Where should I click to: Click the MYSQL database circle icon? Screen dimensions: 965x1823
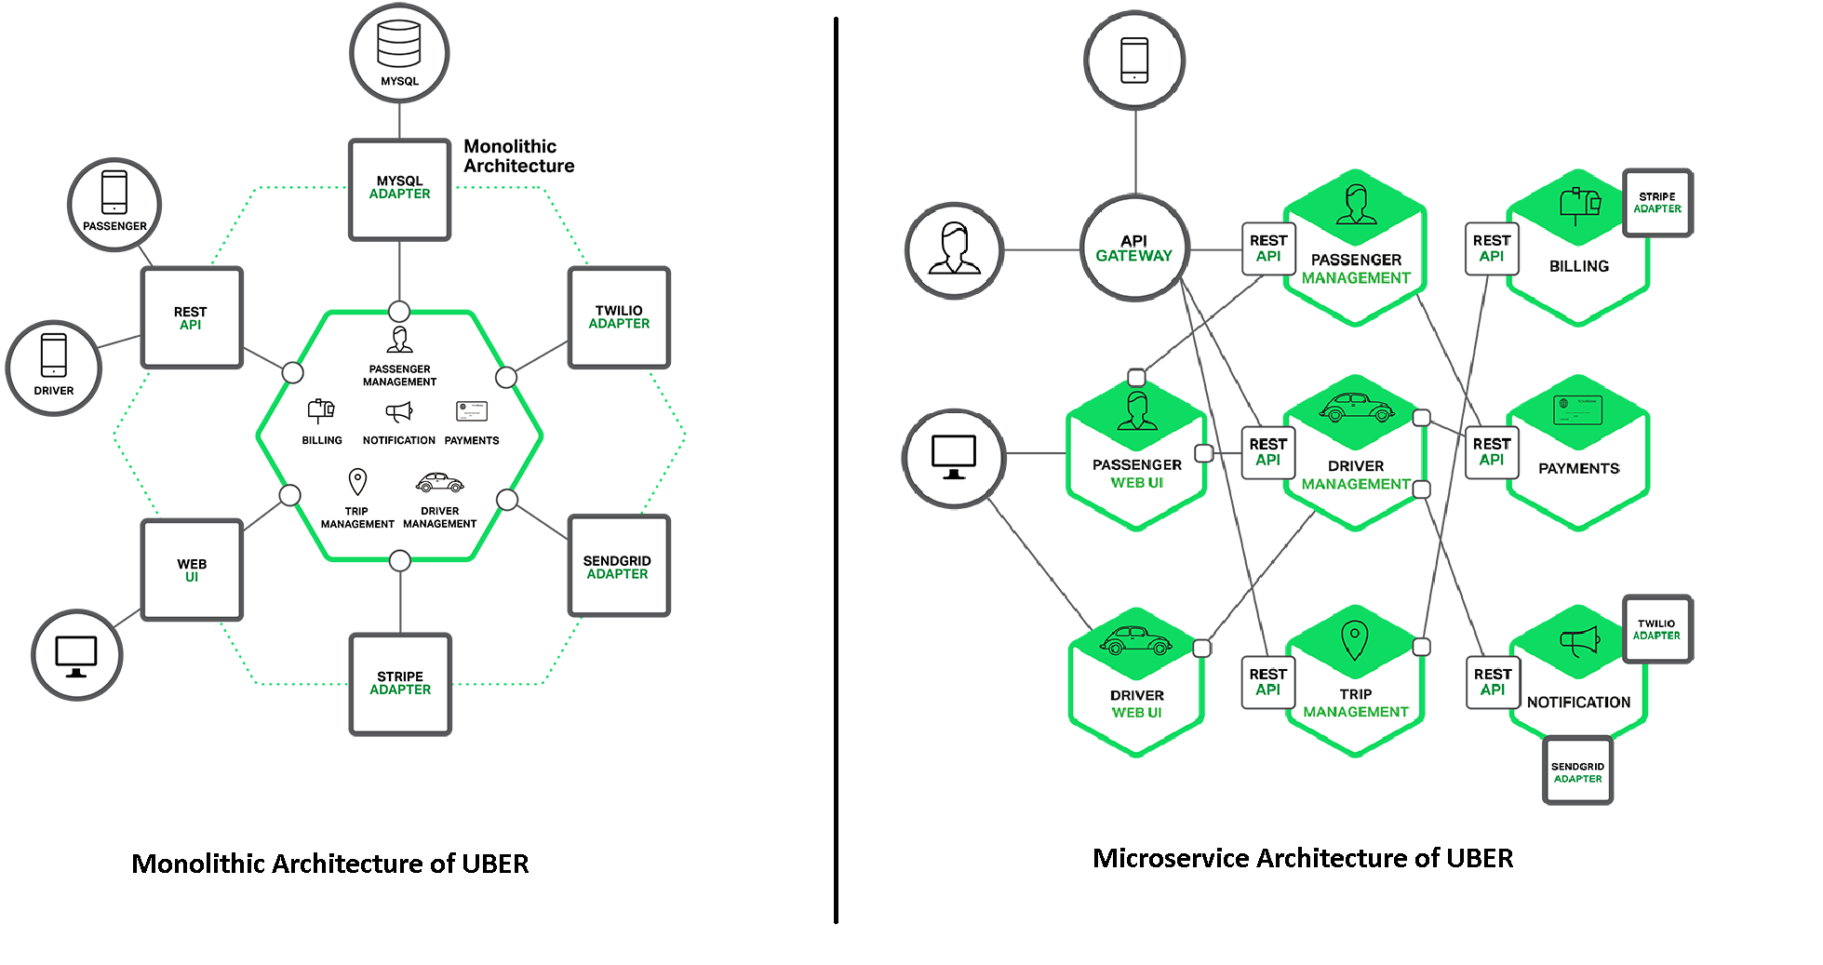[399, 53]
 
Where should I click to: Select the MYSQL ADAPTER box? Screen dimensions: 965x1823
[399, 189]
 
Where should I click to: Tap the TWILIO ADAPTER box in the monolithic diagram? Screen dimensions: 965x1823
[619, 317]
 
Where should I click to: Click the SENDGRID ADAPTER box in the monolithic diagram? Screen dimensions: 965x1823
[618, 566]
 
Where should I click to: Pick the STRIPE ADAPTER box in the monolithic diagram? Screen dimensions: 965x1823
[400, 684]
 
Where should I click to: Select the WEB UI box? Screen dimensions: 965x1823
[192, 570]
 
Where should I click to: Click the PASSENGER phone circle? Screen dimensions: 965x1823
[114, 204]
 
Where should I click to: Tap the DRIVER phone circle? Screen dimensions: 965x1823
[54, 368]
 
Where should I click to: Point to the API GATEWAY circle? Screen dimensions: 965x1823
[1134, 248]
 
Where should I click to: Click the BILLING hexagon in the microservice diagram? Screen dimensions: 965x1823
[1578, 251]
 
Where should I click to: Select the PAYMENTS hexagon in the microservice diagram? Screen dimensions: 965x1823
[1578, 456]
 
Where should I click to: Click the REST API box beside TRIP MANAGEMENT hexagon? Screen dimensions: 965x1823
[1267, 682]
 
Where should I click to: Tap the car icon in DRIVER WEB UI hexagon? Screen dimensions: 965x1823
[1135, 640]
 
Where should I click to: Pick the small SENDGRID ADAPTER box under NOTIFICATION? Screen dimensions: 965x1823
[1577, 771]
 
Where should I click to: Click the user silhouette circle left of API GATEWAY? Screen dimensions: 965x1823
[954, 249]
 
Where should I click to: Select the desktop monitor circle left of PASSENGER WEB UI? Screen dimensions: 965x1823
[954, 457]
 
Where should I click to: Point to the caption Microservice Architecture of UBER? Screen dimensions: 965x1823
[1302, 858]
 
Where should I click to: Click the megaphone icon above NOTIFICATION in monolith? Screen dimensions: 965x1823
[398, 411]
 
